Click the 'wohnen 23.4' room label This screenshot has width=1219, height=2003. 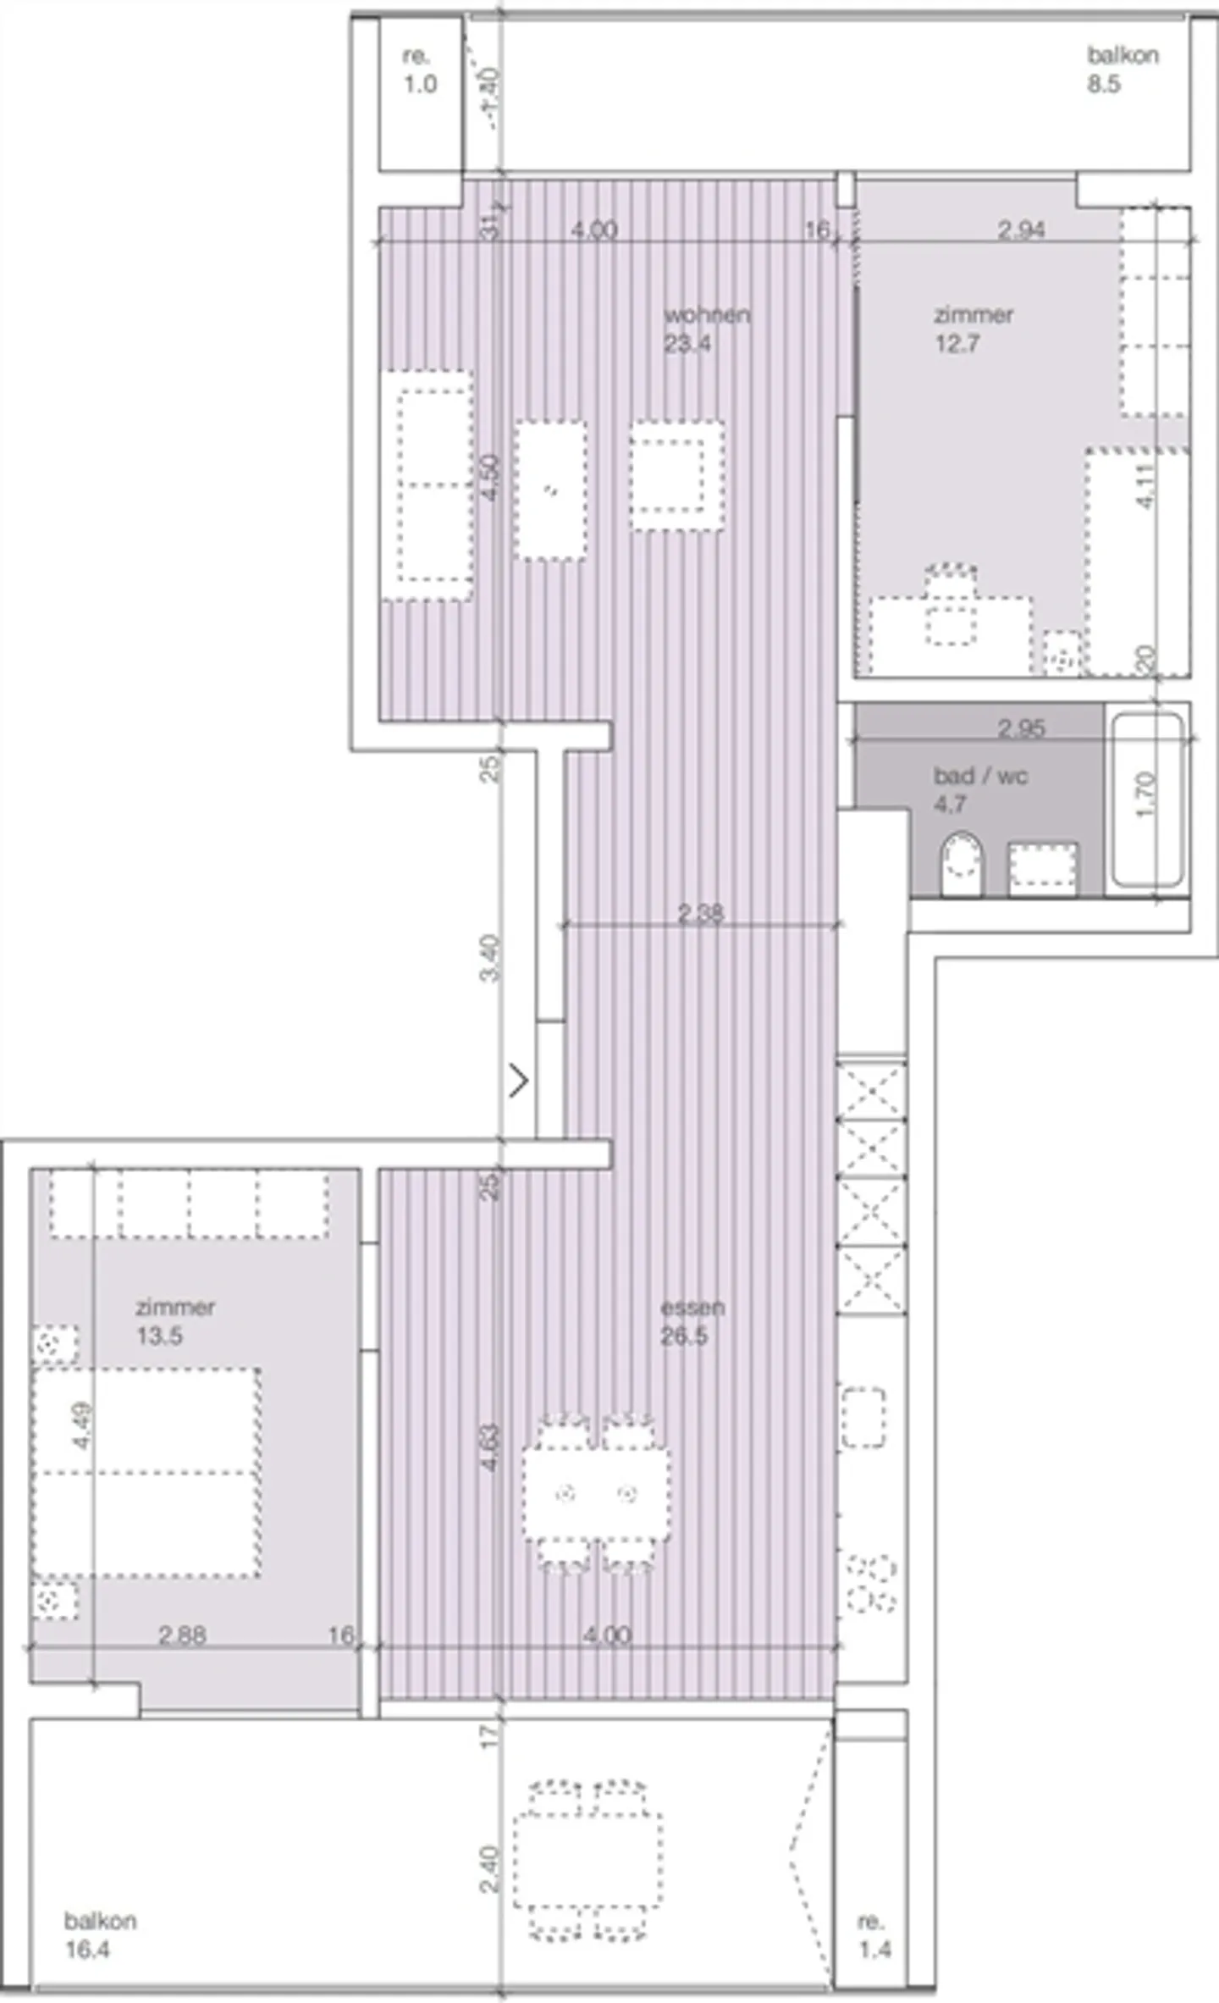point(705,329)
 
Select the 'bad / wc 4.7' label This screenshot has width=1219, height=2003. point(979,789)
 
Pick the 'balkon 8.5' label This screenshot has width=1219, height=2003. point(1122,69)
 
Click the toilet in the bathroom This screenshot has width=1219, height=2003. point(961,866)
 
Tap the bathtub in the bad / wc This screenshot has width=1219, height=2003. point(1147,800)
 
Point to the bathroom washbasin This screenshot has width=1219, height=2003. point(1042,869)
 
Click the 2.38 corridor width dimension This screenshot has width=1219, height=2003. point(700,913)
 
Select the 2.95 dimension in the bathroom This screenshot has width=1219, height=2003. point(1021,728)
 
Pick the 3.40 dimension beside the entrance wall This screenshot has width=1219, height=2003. point(490,958)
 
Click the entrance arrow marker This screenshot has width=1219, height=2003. point(519,1081)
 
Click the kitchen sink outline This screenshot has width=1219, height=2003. point(863,1418)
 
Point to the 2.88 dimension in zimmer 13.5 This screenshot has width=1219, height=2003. point(182,1635)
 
